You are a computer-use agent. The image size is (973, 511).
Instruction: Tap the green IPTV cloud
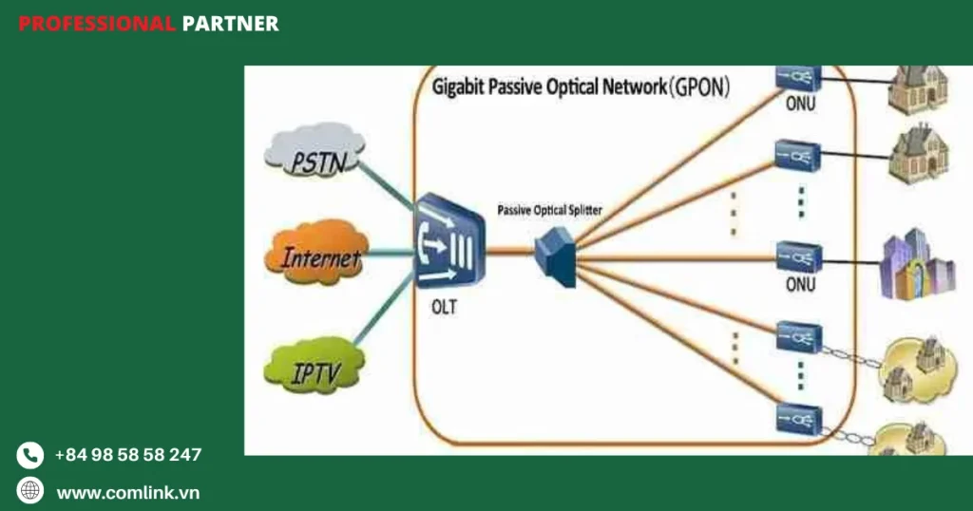click(314, 367)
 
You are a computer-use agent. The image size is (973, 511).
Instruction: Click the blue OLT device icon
click(449, 241)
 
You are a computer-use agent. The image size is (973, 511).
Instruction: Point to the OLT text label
click(443, 308)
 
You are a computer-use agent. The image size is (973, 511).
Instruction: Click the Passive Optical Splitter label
click(549, 209)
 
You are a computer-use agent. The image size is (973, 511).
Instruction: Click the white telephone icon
click(30, 455)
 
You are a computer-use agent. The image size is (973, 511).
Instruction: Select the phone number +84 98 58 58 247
click(128, 455)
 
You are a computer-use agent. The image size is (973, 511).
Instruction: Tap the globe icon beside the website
click(30, 490)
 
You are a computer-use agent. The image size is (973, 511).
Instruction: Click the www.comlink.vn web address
click(128, 492)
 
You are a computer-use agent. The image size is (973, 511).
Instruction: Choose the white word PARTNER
click(230, 24)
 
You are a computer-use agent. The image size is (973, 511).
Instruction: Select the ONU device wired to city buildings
click(797, 255)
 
